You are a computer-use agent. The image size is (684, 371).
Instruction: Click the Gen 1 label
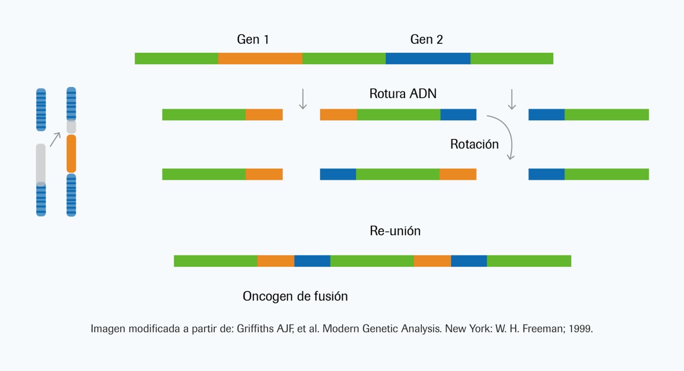tap(253, 40)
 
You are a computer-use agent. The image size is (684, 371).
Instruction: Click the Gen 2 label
tap(426, 40)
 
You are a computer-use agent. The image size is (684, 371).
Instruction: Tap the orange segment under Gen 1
tap(260, 58)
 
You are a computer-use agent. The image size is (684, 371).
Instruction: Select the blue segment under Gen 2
tap(428, 58)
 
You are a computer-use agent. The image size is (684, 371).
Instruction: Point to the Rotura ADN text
tap(403, 94)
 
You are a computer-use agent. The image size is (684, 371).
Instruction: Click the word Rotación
tap(474, 144)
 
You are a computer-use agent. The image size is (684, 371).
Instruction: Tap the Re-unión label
tap(395, 231)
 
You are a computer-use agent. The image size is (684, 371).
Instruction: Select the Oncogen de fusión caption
tap(295, 296)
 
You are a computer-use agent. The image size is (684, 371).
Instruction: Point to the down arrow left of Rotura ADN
tap(302, 99)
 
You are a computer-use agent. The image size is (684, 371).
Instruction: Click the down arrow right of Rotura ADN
tap(512, 99)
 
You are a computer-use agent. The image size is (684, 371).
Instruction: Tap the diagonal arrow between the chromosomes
tap(55, 140)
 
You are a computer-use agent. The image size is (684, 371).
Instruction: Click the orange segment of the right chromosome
tap(71, 154)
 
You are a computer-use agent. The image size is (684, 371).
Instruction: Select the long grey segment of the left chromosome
tap(41, 164)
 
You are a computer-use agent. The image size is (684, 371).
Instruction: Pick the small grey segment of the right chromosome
tap(71, 127)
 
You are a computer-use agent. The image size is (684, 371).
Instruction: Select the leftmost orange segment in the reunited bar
tap(276, 261)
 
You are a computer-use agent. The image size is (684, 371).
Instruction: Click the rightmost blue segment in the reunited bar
tap(469, 261)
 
